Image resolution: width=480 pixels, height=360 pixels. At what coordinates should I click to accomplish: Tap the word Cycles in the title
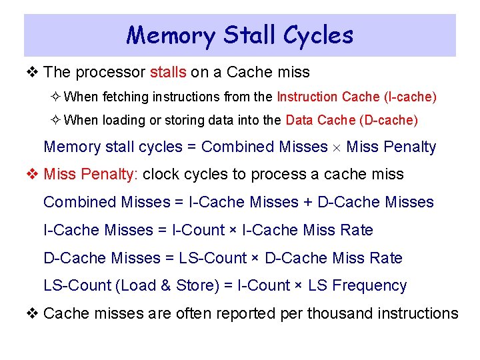[x=317, y=35]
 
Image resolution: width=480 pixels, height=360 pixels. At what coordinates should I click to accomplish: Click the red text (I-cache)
[x=411, y=97]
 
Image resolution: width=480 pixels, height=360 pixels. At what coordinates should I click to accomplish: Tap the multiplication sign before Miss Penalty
[x=337, y=147]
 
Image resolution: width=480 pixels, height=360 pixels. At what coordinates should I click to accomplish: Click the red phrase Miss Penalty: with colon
[x=91, y=175]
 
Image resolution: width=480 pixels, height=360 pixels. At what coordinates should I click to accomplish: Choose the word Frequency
[x=369, y=286]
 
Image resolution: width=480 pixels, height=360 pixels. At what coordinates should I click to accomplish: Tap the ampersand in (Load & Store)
[x=166, y=286]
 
